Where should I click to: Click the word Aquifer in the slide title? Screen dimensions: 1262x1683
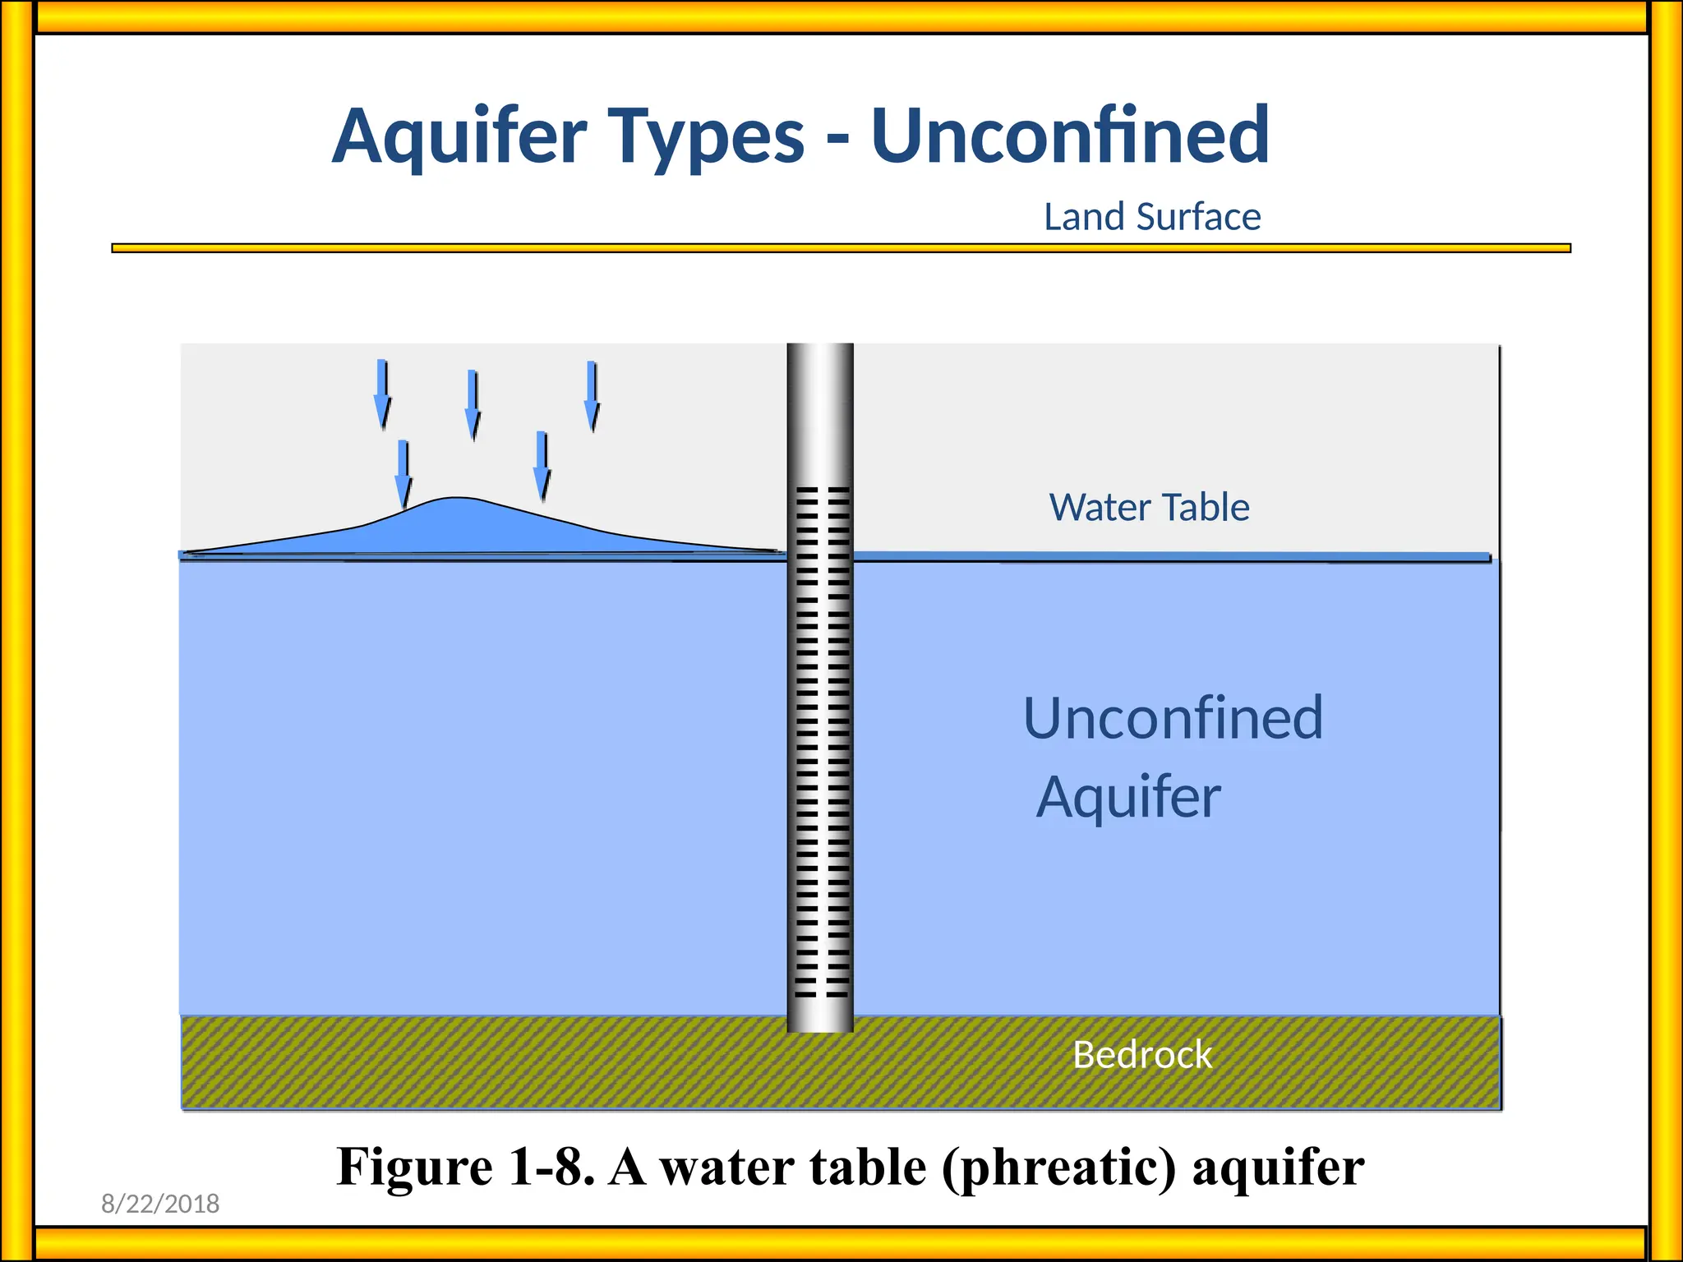[460, 136]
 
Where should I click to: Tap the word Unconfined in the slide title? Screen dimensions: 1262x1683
[1070, 136]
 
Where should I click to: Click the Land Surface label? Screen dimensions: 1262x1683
[1152, 217]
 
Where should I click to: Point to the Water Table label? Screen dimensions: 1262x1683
[1149, 507]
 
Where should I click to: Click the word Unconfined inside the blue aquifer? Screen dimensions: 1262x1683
[1173, 718]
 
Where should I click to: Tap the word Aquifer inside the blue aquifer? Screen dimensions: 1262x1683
[1128, 797]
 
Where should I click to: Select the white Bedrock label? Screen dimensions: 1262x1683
[1142, 1054]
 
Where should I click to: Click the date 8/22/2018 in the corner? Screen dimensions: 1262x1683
[160, 1204]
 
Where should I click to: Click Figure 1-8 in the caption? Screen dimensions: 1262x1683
[465, 1167]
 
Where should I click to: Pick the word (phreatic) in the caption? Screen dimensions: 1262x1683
[1059, 1167]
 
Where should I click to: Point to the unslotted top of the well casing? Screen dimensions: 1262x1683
[820, 411]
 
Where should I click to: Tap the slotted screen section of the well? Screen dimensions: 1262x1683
[820, 739]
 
